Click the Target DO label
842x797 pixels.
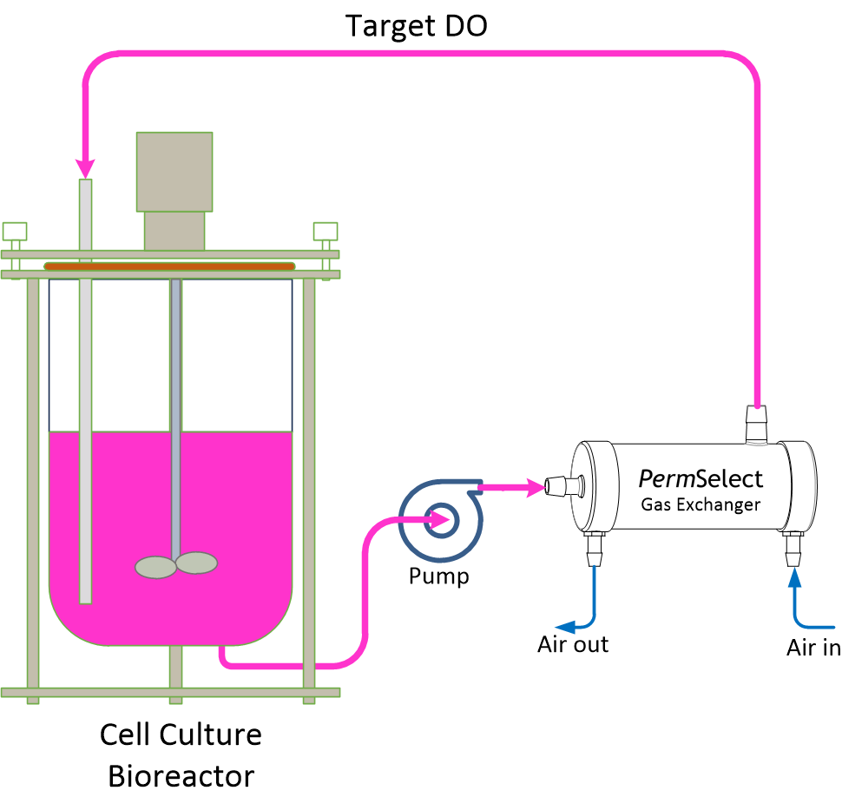(x=417, y=26)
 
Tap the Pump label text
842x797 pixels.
(x=439, y=576)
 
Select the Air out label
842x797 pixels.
(x=573, y=644)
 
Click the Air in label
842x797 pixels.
(x=812, y=648)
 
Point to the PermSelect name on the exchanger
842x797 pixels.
(x=701, y=478)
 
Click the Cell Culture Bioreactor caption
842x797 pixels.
(x=181, y=754)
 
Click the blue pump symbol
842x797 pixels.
(x=438, y=520)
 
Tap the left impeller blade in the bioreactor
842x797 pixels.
(x=155, y=566)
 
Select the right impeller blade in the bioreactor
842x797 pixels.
(x=196, y=563)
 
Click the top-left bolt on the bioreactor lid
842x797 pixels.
(x=15, y=232)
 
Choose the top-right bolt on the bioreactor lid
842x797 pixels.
(x=326, y=232)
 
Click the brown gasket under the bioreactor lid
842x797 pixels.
(x=169, y=266)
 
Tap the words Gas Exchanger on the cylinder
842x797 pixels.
(x=701, y=504)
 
